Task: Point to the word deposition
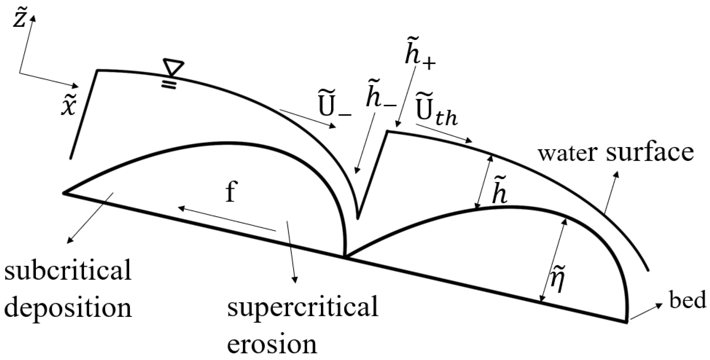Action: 68,309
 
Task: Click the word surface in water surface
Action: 650,153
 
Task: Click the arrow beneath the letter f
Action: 227,219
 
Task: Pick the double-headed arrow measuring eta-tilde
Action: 553,260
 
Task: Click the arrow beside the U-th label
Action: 444,133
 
